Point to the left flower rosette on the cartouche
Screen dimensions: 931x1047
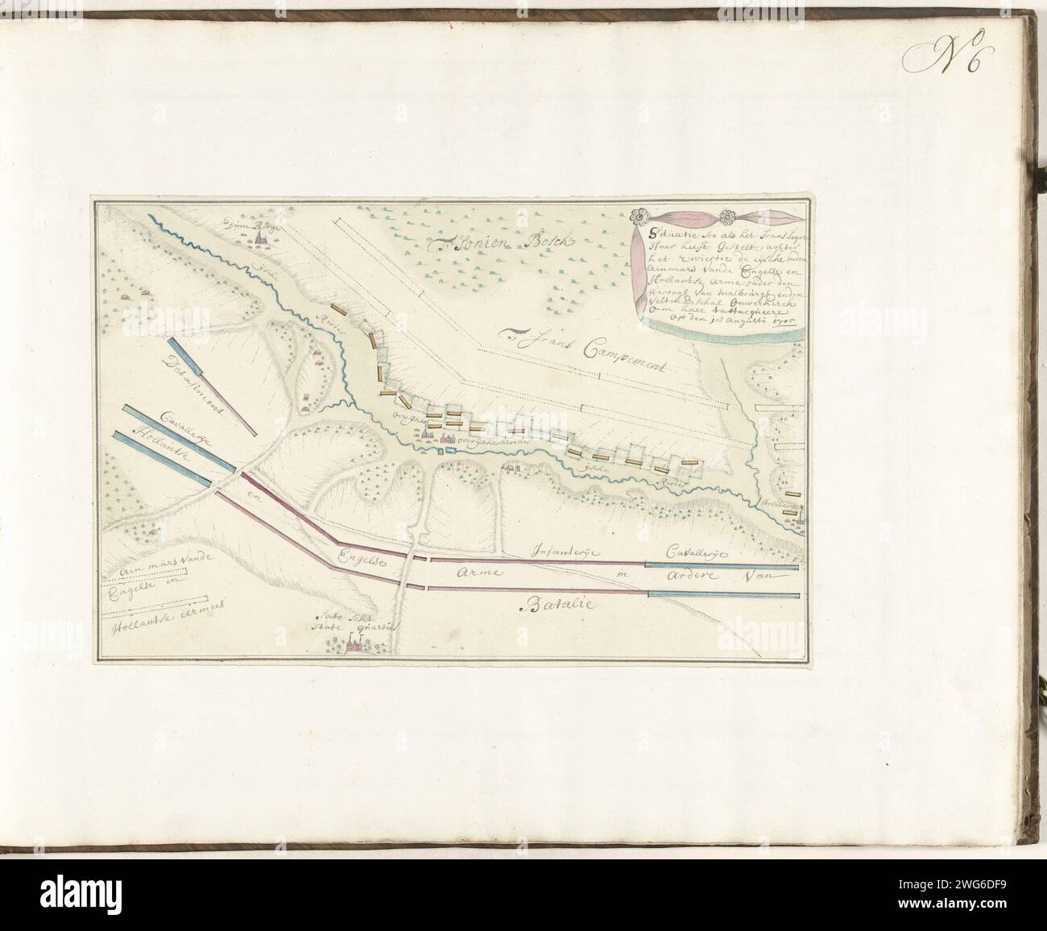click(x=639, y=216)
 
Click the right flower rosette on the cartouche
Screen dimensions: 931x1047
click(x=731, y=216)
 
